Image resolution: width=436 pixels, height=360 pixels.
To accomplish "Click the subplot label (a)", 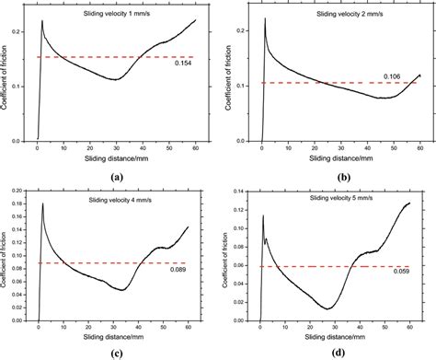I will [116, 175].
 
